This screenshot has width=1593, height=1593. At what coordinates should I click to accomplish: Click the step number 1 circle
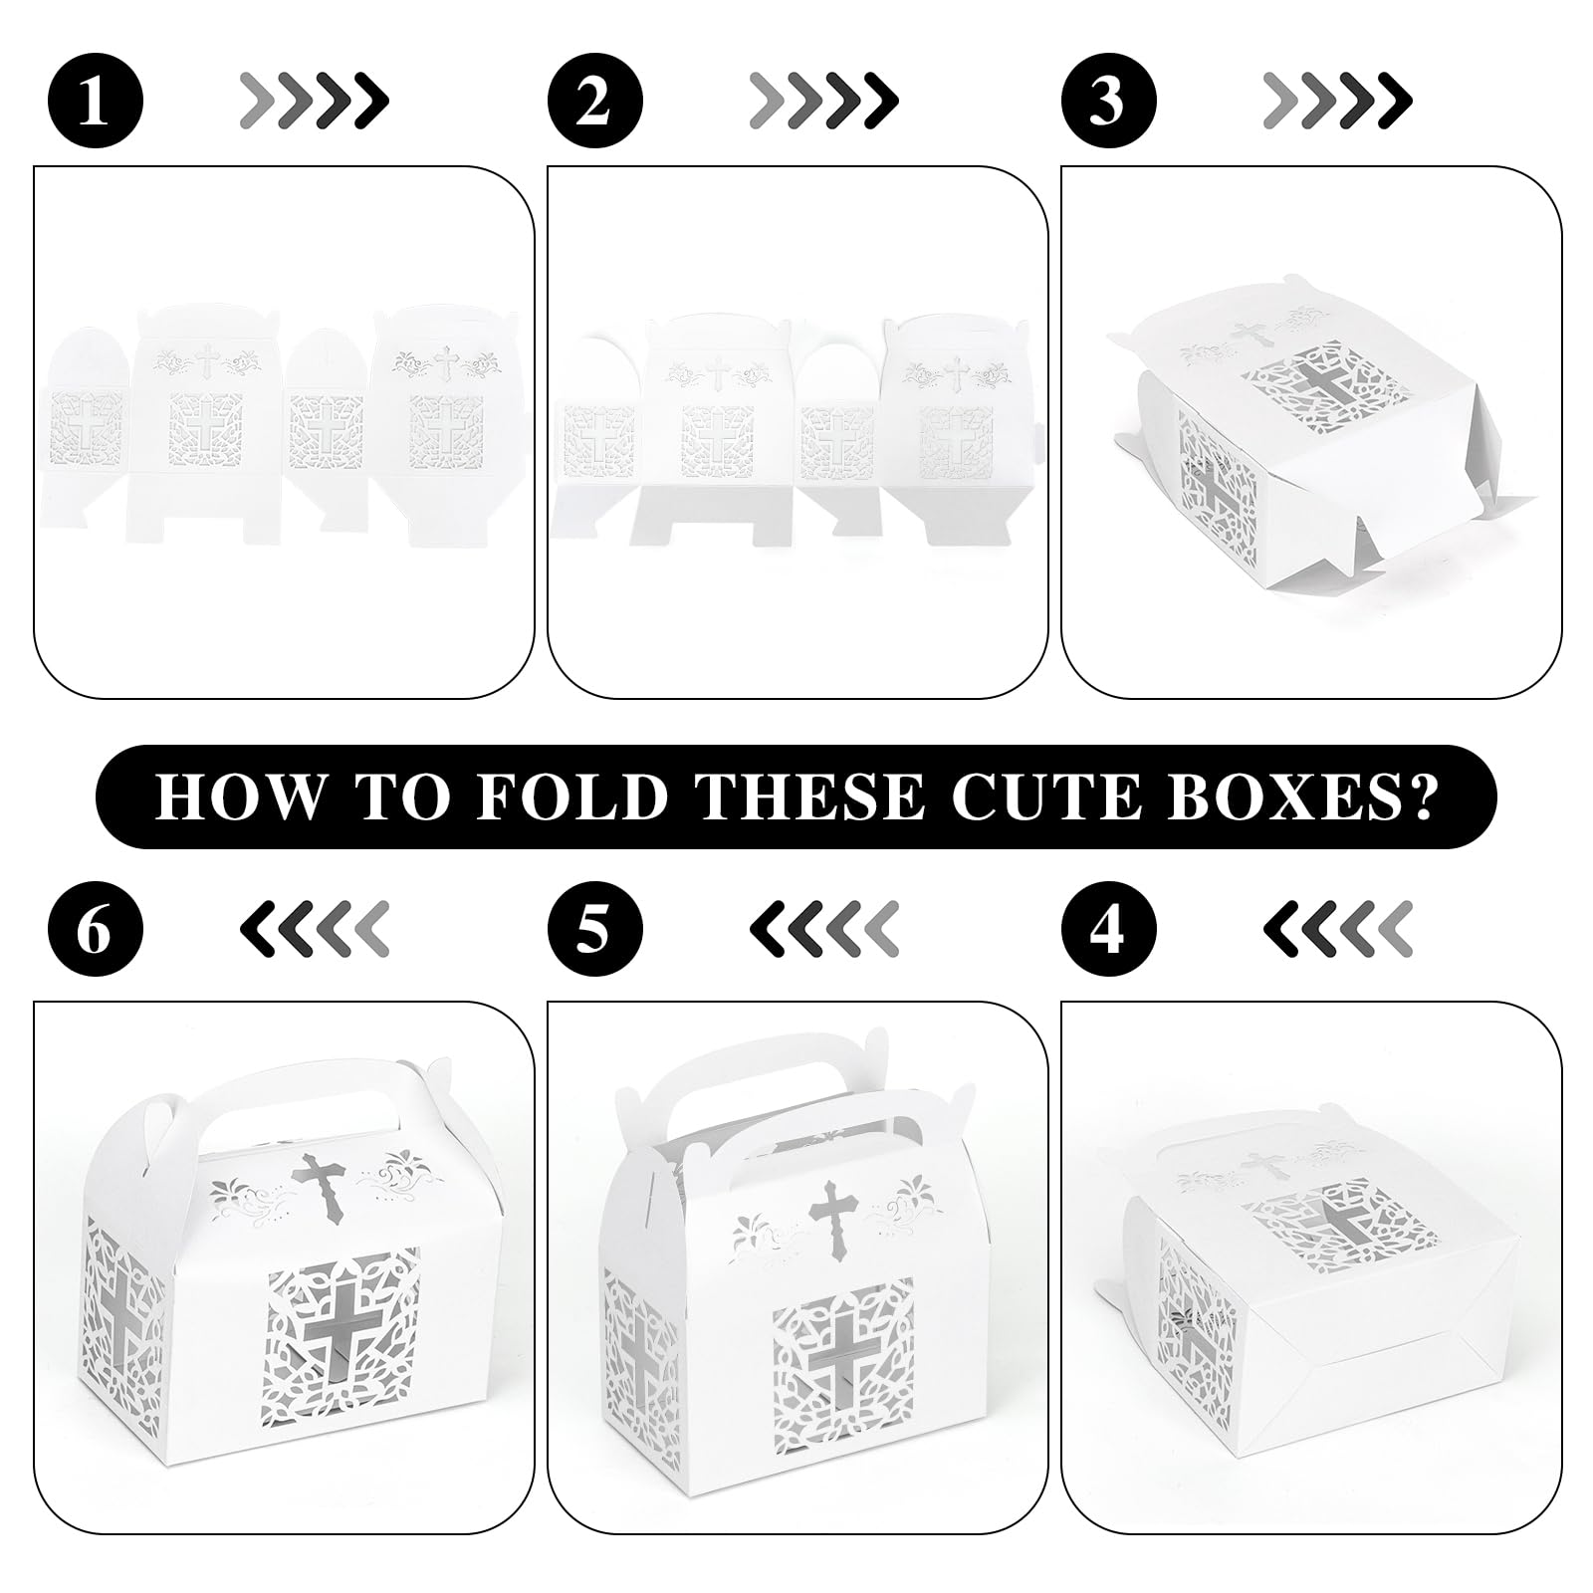(x=96, y=101)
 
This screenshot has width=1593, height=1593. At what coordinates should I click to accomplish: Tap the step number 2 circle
(x=595, y=101)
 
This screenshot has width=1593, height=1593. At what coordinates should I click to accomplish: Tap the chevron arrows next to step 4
(x=1337, y=928)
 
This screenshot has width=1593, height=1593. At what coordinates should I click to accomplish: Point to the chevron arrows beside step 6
(x=315, y=928)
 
